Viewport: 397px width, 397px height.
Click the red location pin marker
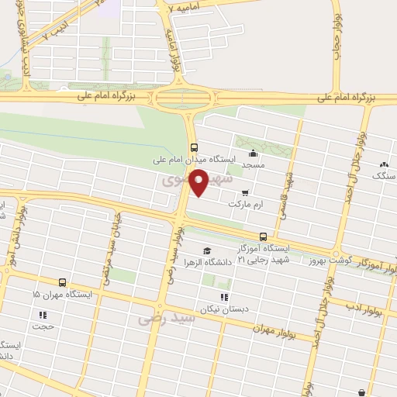click(200, 182)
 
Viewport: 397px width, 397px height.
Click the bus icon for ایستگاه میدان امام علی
click(193, 147)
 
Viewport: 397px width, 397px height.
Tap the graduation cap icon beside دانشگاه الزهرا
click(207, 250)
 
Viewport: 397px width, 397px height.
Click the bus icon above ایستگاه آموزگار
click(263, 236)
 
